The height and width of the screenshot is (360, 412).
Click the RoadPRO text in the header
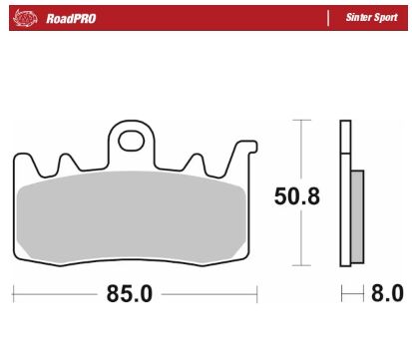click(x=69, y=17)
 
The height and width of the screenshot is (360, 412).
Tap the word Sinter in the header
click(x=358, y=17)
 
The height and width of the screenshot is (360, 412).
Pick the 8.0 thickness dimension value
click(x=386, y=295)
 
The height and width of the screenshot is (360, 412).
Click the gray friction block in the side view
click(x=358, y=214)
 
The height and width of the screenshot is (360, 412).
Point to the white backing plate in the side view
click(x=345, y=194)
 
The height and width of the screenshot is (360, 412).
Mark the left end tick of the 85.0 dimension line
click(x=13, y=295)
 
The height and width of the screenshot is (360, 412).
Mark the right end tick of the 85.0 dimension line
click(x=257, y=295)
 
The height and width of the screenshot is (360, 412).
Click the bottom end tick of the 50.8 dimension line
click(x=297, y=267)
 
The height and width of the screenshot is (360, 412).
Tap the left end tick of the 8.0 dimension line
click(x=341, y=295)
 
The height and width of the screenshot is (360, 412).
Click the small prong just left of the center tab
click(x=68, y=160)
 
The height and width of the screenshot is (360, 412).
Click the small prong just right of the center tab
click(x=196, y=160)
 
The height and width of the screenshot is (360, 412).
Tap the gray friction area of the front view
click(x=133, y=214)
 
